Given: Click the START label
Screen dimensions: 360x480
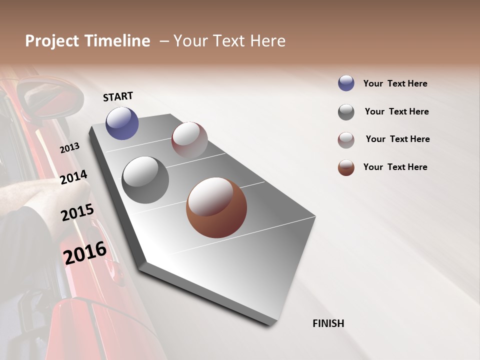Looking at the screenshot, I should [118, 96].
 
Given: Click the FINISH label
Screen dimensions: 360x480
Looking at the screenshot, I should [328, 323].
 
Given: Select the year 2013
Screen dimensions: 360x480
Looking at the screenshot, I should [70, 148].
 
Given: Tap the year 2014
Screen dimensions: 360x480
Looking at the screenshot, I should [74, 177].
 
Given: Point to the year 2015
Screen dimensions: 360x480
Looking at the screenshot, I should [77, 212].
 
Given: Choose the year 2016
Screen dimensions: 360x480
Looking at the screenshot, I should [85, 253].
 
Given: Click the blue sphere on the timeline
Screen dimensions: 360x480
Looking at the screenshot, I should [122, 123].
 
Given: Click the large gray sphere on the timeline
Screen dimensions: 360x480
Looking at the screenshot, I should [145, 180].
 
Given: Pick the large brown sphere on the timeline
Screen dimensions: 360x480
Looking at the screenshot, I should [216, 207].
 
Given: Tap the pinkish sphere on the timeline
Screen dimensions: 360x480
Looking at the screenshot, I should [189, 139].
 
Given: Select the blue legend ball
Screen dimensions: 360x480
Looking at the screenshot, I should [346, 83].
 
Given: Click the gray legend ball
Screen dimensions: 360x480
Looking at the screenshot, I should [346, 112].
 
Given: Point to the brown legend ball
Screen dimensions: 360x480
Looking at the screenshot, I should [346, 167].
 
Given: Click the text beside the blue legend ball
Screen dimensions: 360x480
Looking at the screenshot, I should [395, 83].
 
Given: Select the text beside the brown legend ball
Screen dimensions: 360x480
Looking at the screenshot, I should [395, 167].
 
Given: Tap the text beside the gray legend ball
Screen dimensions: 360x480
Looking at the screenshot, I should [396, 111].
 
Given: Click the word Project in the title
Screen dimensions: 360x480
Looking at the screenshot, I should [51, 41].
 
